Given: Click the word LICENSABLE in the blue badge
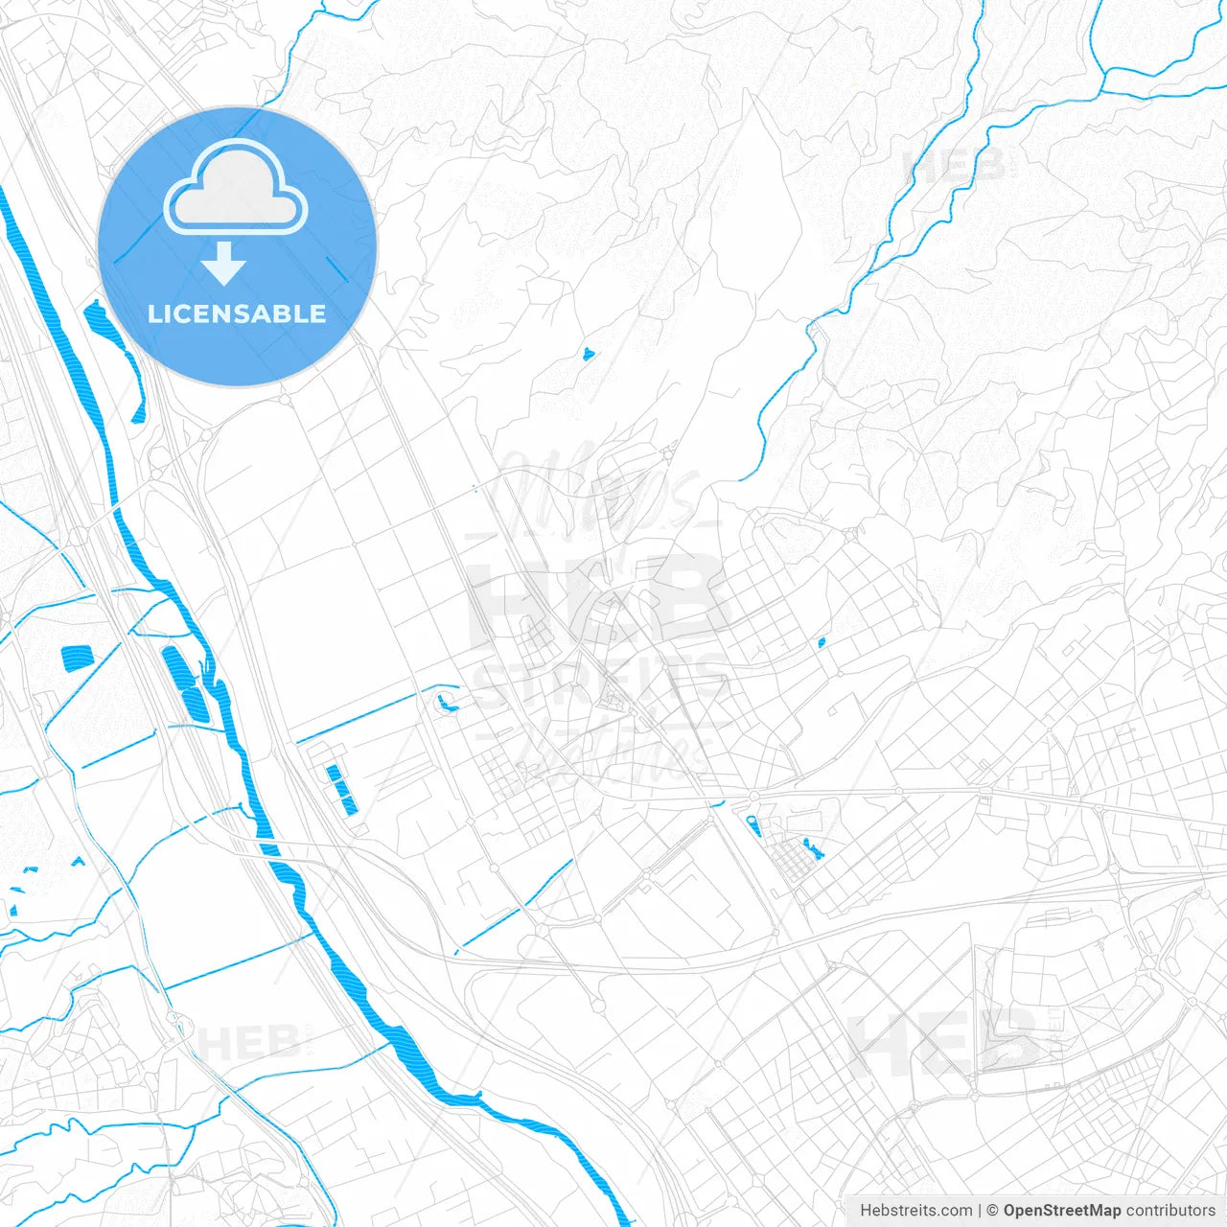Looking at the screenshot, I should coord(237,314).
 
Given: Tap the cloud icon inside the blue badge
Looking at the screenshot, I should coord(236,189).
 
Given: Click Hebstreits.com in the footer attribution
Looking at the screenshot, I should coord(915,1211).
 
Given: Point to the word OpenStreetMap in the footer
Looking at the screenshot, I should coord(1061,1211).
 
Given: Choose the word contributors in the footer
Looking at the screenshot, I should coord(1169,1211).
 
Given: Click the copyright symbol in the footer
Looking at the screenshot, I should coord(993,1211).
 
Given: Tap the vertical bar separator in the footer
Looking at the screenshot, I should coord(980,1211).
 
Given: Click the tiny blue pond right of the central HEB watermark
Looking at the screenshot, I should coord(822,642).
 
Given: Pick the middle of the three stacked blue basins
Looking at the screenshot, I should coord(340,790).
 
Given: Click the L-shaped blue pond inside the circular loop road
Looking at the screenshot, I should coord(444,706).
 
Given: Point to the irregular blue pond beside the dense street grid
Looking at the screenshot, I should coord(813,848).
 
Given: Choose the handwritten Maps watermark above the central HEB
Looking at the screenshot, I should coord(599,494).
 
